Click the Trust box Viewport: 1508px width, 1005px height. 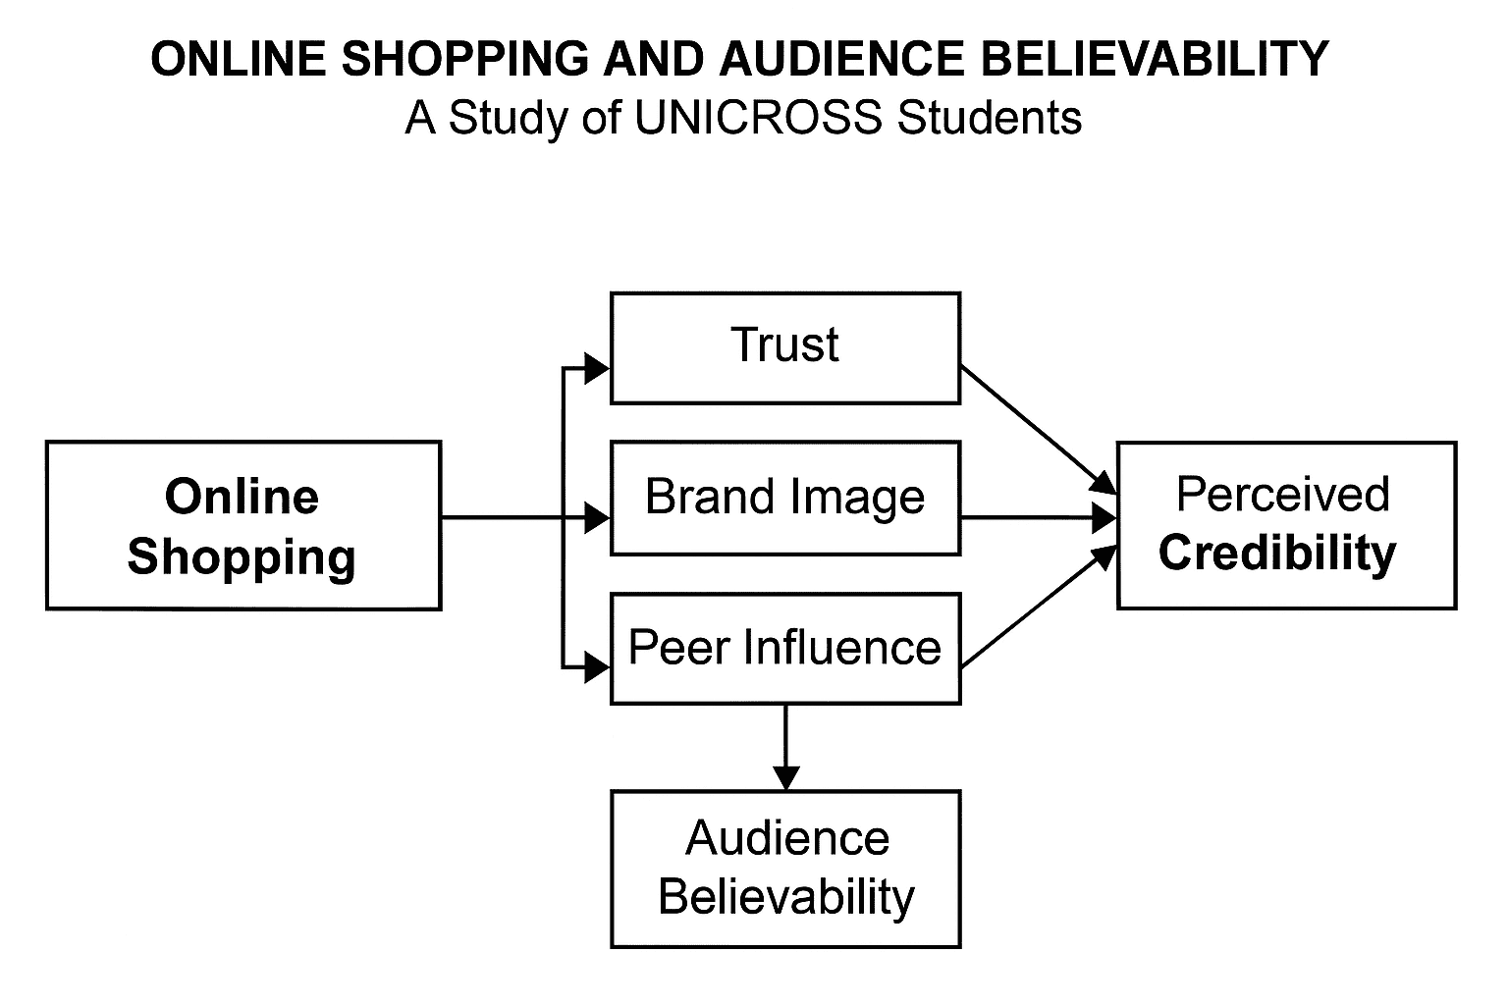784,347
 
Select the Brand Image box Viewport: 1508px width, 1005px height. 784,498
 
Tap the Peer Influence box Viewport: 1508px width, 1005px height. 784,649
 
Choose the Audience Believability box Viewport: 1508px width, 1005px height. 784,869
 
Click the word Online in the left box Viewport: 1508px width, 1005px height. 242,497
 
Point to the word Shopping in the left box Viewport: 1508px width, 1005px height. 242,557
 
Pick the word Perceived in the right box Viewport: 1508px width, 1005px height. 1282,495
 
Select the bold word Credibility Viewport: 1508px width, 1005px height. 1277,553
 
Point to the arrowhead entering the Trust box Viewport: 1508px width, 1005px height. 596,369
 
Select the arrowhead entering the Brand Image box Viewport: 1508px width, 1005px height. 596,518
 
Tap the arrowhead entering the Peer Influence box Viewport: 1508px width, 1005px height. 596,668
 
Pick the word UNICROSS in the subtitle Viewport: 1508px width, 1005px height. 757,119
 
